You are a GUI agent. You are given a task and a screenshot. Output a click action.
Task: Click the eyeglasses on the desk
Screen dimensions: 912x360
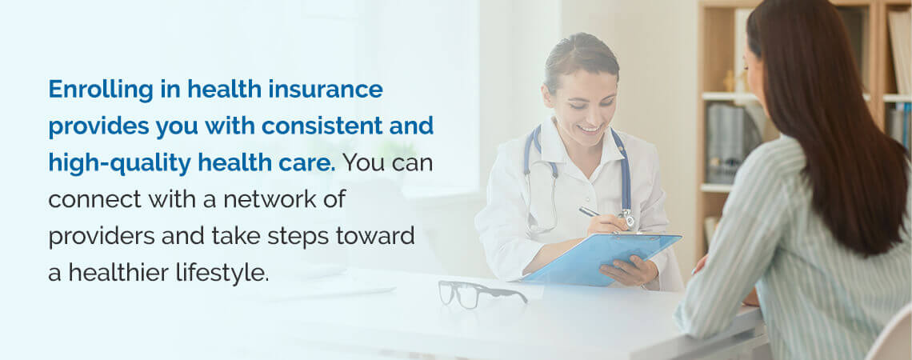pos(481,293)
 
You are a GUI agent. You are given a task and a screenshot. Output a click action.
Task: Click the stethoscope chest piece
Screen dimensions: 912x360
pos(627,218)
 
